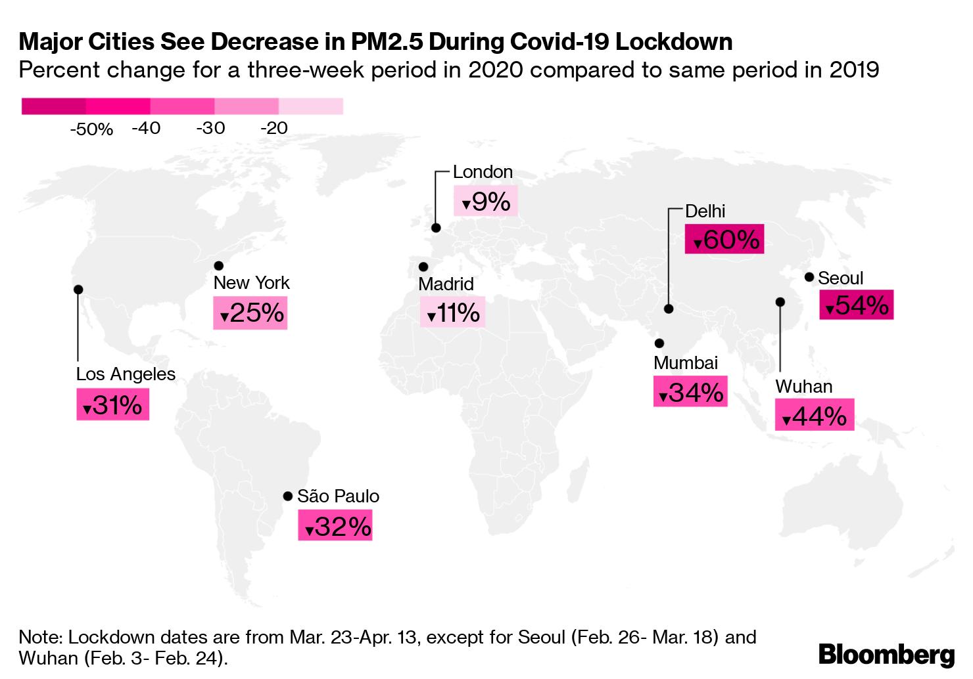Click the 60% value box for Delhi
click(724, 239)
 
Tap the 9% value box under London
click(485, 201)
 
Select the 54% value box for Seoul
click(856, 305)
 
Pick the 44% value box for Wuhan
click(814, 415)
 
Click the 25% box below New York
click(250, 313)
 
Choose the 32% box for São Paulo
click(335, 525)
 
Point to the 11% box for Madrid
click(452, 312)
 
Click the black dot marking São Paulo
click(287, 496)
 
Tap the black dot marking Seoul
click(809, 277)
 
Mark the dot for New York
click(219, 265)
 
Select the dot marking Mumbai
click(659, 343)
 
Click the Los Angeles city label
click(126, 374)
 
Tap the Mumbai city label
click(685, 363)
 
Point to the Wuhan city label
click(803, 387)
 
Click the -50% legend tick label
click(91, 129)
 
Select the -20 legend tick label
click(274, 128)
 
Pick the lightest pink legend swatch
click(311, 106)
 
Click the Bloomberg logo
click(886, 655)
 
